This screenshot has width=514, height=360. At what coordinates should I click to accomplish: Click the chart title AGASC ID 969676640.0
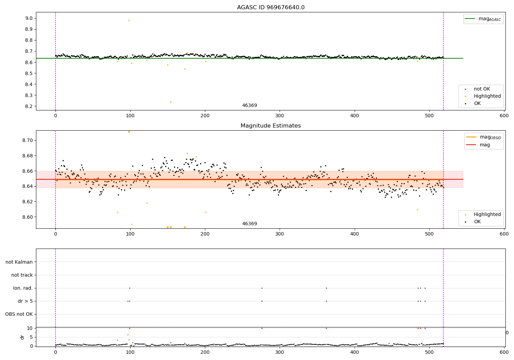coord(271,8)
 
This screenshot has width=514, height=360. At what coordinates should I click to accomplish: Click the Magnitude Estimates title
coord(271,126)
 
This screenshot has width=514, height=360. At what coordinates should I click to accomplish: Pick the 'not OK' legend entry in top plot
coord(482,89)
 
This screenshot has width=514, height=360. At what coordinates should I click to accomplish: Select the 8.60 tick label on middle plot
coord(27,217)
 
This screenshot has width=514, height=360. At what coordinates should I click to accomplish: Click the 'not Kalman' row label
coord(19,262)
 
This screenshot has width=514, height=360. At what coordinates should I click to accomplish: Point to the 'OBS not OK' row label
coord(19,314)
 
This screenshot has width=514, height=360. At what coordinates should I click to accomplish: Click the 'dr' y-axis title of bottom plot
coord(22,337)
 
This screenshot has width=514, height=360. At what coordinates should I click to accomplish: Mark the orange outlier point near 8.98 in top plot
coord(129,20)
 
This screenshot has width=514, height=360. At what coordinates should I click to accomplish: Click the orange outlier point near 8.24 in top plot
coord(171,102)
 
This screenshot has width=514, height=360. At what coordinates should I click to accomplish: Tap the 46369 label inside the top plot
coord(249,106)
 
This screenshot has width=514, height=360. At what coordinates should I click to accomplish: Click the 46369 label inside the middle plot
coord(249,224)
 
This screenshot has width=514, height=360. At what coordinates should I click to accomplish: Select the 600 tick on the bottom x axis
coord(504,352)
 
